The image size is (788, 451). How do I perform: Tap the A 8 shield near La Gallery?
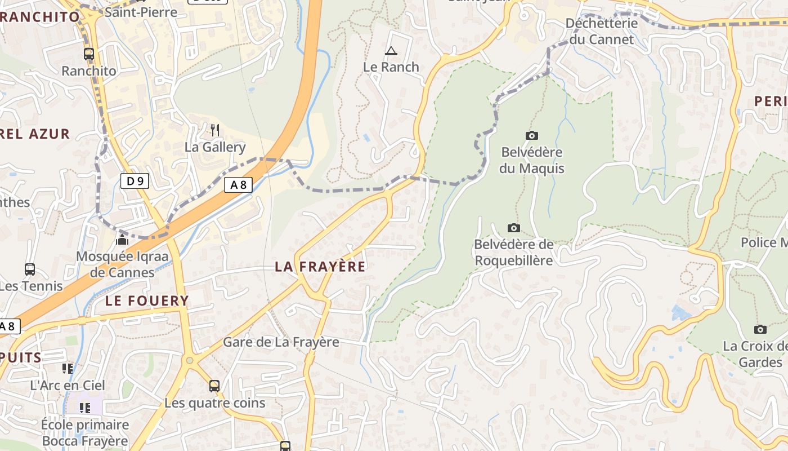point(238,184)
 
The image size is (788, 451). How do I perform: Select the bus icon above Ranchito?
point(89,54)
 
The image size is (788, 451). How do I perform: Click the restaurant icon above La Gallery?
point(214,130)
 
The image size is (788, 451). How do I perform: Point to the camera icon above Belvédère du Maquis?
point(531,135)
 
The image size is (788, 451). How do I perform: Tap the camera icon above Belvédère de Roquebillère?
point(513,228)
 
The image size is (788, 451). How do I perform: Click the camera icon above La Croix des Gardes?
point(760,329)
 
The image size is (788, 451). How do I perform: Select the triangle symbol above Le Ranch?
point(391,51)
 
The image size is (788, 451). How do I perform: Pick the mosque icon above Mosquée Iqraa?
point(122,240)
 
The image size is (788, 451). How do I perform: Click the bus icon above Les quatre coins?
point(214,386)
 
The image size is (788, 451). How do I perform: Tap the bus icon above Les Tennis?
point(30,269)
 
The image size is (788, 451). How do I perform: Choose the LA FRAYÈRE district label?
point(320,267)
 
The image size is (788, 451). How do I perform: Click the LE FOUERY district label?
point(147,300)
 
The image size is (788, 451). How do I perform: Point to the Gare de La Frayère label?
point(281,342)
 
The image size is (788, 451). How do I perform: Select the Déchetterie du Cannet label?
point(602,32)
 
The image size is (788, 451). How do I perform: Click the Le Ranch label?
point(391,67)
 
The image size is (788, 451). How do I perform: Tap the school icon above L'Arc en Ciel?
point(68,369)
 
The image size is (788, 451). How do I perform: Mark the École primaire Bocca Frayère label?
point(85,432)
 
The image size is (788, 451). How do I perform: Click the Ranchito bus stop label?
point(89,71)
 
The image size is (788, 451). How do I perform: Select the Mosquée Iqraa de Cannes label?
point(122,264)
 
